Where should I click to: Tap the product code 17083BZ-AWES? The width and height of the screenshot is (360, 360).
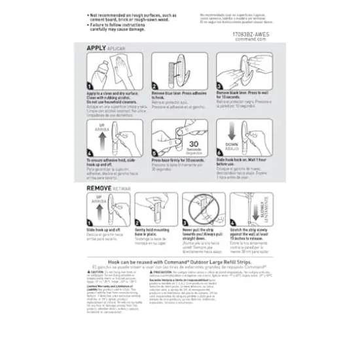pos(251,33)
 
